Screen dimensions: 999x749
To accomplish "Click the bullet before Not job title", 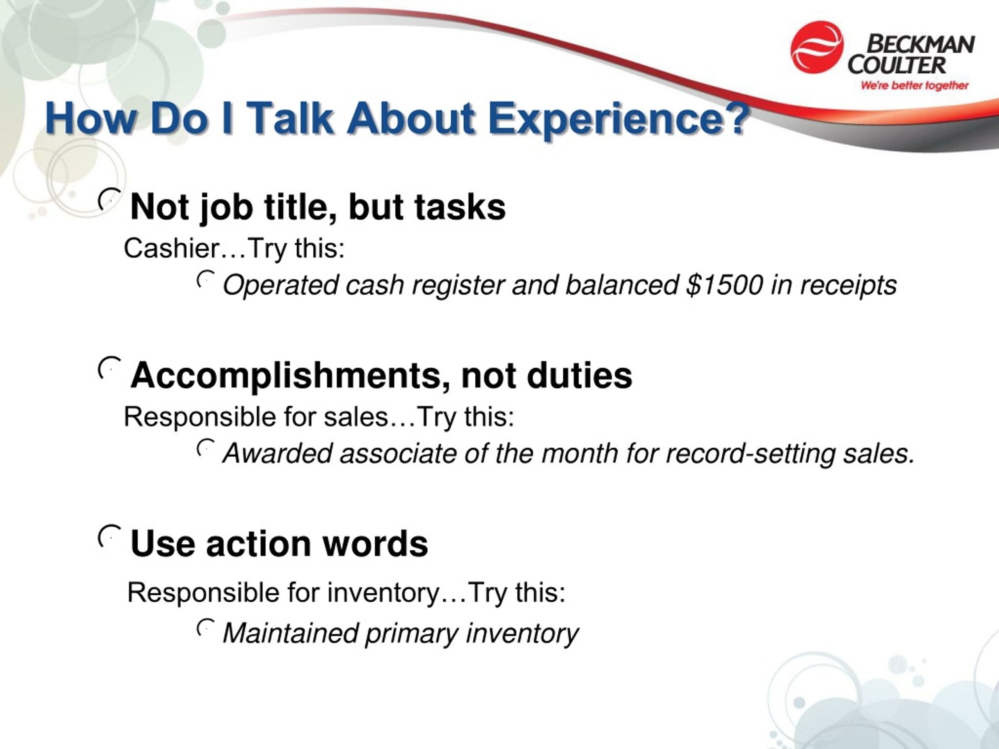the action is (110, 199).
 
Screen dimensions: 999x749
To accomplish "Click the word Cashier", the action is (172, 248).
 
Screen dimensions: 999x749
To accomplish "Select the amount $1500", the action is (724, 285).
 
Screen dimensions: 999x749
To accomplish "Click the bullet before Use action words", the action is (110, 536).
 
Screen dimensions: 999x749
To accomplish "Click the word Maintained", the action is (291, 633).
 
